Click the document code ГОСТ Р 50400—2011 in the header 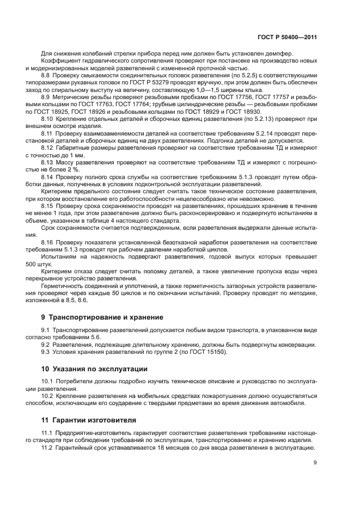288,38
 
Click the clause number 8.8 46,74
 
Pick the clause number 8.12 47,148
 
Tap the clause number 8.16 47,241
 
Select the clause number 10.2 47,396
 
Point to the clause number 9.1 46,330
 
